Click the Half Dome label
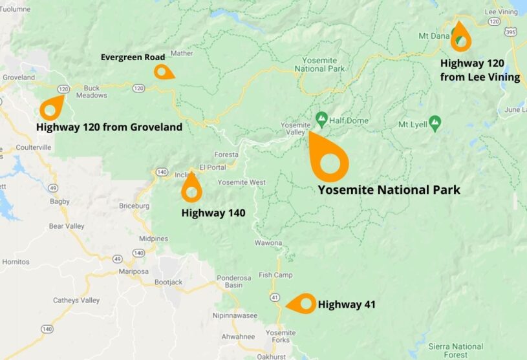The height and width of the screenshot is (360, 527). [x=349, y=121]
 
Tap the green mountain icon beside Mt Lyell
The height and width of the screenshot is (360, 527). [x=435, y=122]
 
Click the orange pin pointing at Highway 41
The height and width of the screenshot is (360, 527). [x=303, y=303]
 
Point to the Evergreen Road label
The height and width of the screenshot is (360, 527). [x=133, y=58]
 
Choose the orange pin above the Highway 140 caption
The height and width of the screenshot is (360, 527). [x=191, y=189]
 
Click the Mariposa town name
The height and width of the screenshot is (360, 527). [x=134, y=271]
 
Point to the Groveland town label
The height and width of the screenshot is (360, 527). [x=19, y=78]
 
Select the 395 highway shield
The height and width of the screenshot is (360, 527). [x=510, y=32]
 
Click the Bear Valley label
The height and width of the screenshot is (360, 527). [x=67, y=226]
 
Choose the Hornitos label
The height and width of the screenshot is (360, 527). [x=16, y=262]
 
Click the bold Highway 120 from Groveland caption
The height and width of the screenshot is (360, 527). [x=109, y=127]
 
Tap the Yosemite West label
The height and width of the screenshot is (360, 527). [x=241, y=182]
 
